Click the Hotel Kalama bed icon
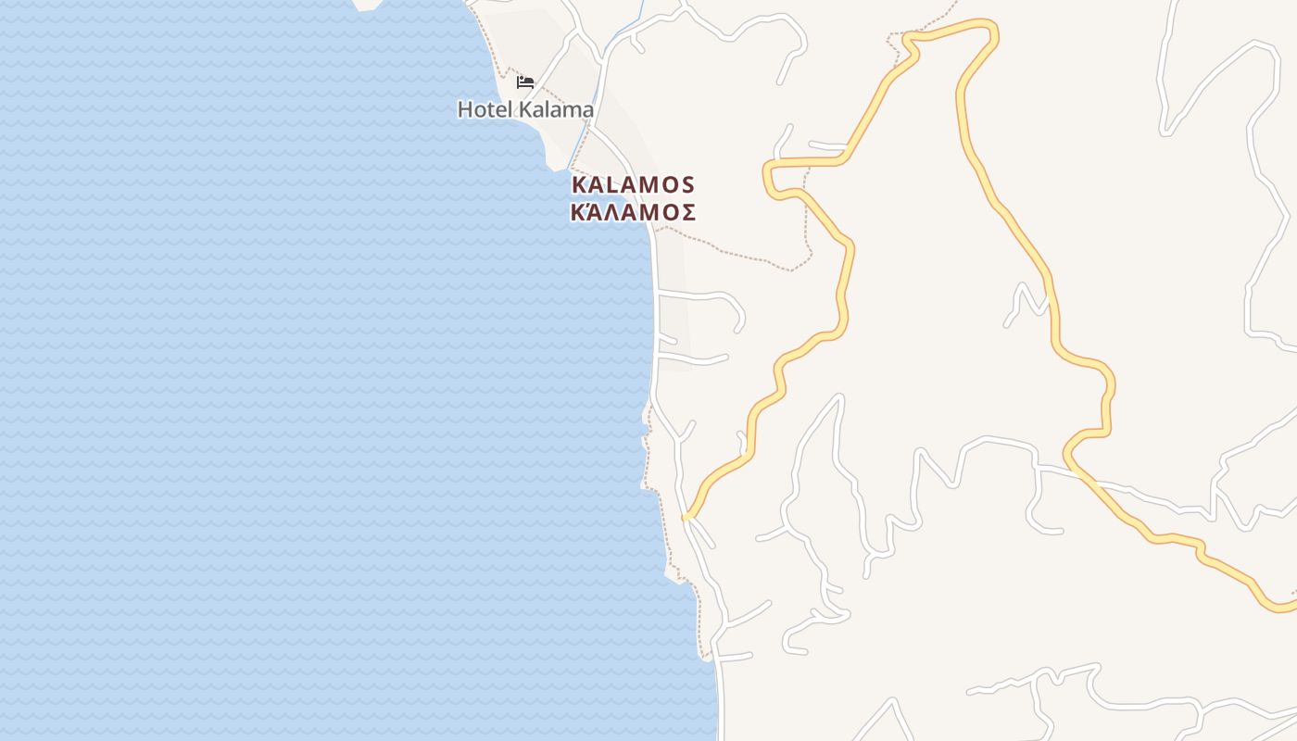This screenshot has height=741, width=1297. [x=525, y=82]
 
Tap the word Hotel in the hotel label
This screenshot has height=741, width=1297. [x=483, y=109]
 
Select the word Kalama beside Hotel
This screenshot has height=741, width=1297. [x=556, y=109]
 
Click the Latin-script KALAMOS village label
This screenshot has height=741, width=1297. [x=633, y=184]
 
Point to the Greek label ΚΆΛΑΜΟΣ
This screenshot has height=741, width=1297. [x=633, y=212]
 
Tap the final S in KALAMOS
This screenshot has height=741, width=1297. [x=686, y=184]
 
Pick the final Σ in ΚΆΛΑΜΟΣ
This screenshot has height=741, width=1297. [x=687, y=212]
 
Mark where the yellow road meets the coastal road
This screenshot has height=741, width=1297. [x=686, y=517]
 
